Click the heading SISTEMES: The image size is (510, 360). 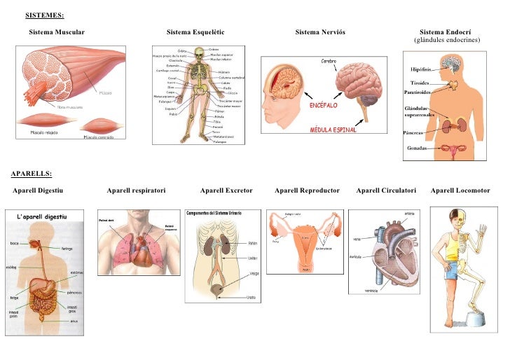45,15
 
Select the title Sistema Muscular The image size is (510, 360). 57,33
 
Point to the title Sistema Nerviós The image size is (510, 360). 320,33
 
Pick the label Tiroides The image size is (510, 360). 420,83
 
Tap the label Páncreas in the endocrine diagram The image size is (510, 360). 413,133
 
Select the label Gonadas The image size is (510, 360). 418,148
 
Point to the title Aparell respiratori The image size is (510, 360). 136,190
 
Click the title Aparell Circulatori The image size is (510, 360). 386,190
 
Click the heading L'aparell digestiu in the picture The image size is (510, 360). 41,218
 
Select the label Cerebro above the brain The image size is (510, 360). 329,62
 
